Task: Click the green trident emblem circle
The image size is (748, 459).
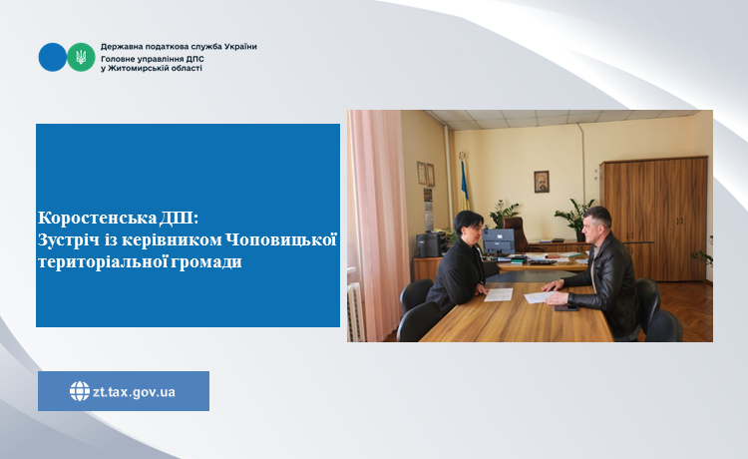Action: (x=81, y=57)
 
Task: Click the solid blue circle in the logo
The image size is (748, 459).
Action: (x=53, y=57)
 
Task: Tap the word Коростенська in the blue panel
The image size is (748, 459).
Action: (x=98, y=218)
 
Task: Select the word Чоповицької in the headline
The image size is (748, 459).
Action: (x=281, y=239)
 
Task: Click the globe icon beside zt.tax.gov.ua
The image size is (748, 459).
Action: (x=80, y=391)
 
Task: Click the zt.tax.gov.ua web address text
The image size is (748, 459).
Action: (x=134, y=392)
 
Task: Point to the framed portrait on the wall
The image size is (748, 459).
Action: (x=542, y=182)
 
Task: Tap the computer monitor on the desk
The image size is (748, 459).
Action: (x=498, y=241)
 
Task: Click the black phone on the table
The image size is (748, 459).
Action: (x=566, y=308)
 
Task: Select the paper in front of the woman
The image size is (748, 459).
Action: (x=499, y=294)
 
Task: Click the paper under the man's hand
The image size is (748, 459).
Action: (x=540, y=296)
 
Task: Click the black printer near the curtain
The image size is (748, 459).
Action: (x=429, y=244)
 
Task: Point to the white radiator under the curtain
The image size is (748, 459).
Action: (x=355, y=312)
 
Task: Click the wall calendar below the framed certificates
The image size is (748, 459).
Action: (x=428, y=209)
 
